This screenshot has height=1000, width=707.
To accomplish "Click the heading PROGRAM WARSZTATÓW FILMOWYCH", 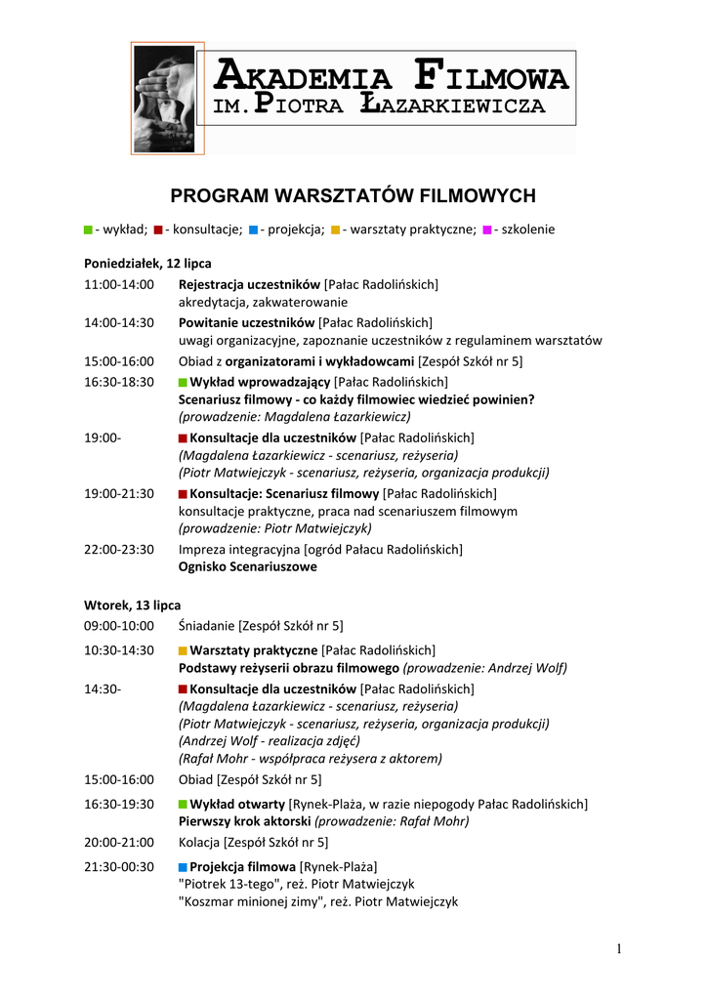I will [x=353, y=196].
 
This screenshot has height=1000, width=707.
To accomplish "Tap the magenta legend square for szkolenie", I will [x=487, y=229].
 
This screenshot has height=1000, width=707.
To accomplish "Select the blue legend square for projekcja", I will [x=253, y=229].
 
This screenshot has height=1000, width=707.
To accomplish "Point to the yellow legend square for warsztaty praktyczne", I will [x=336, y=229].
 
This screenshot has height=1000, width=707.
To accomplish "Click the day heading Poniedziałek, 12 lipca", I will [x=147, y=264].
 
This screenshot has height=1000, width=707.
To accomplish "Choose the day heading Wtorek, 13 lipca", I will [x=132, y=604].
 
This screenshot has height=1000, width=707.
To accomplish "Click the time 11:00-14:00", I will [x=118, y=284].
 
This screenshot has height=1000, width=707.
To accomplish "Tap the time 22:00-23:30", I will [x=118, y=549].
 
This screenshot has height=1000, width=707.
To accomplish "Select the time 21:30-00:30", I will [x=118, y=866].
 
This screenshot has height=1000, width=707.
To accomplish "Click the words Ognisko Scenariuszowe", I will [x=247, y=566].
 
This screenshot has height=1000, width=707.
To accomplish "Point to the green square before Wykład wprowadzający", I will [x=183, y=382].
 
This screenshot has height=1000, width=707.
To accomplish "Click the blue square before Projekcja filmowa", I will [x=183, y=867].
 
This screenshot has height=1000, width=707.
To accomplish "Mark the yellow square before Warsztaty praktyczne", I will [x=183, y=650].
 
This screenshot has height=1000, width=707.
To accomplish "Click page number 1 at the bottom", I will [x=619, y=949].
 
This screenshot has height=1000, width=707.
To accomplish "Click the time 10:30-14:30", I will [x=118, y=649].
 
